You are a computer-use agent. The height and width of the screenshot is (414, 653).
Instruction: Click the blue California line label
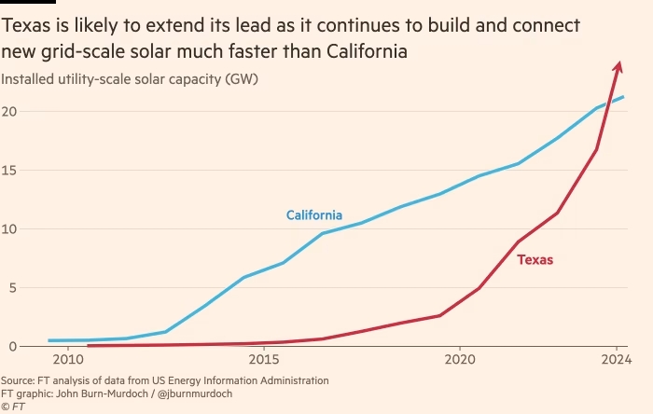[313, 215]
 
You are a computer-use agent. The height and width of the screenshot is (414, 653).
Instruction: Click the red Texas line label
[535, 260]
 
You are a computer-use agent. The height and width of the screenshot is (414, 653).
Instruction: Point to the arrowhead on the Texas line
[618, 64]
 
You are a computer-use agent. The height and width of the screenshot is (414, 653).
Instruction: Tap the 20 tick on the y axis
[10, 112]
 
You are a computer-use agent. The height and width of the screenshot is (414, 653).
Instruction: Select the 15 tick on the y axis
[10, 171]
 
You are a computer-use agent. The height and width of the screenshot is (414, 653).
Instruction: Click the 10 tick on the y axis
[10, 229]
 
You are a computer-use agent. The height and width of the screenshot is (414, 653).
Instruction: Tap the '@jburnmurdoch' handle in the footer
[197, 393]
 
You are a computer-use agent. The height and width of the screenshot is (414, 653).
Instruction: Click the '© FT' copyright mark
[12, 407]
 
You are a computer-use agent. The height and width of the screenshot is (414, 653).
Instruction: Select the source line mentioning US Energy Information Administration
[164, 380]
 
